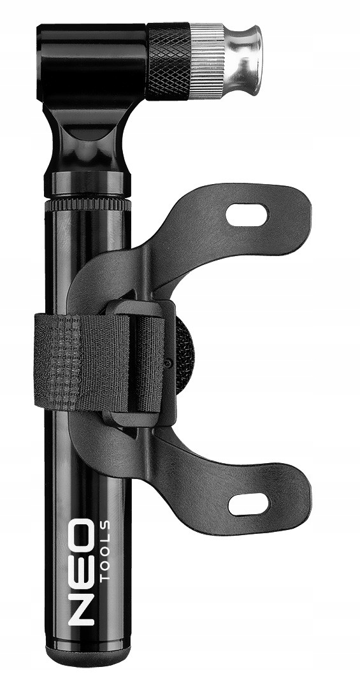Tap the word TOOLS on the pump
[x=105, y=551]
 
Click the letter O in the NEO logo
[x=81, y=534]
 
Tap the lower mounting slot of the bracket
[x=249, y=504]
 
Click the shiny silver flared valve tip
[x=243, y=60]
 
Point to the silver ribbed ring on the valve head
[x=207, y=61]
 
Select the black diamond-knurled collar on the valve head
[x=169, y=61]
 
